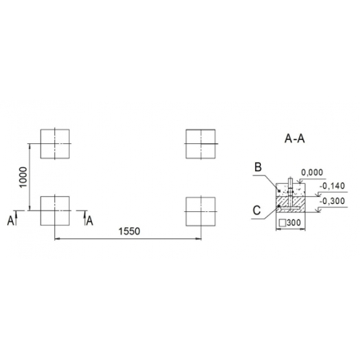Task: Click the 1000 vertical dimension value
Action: point(23,177)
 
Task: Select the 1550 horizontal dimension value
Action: point(129,231)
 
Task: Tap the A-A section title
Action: point(294,138)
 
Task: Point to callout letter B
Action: point(258,167)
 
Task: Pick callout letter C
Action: point(257,210)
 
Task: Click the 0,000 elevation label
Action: point(312,173)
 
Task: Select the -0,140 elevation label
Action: point(333,186)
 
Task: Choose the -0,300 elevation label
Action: point(333,201)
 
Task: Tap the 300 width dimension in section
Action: point(294,222)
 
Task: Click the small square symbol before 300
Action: point(282,223)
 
